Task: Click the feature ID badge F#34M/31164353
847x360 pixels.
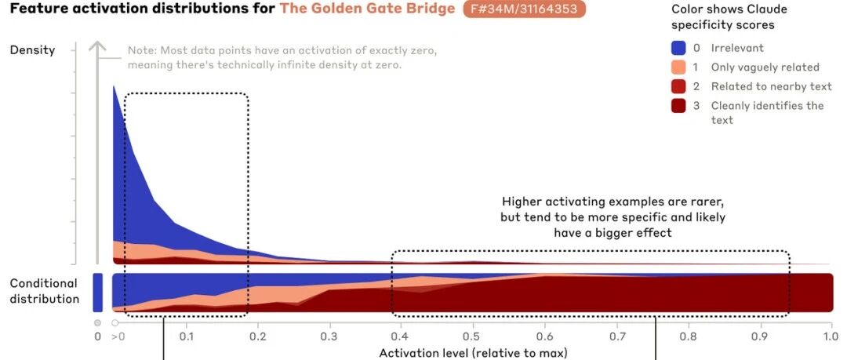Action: point(524,9)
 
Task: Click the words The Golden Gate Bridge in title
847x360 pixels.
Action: point(367,9)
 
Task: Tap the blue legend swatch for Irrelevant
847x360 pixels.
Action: point(678,48)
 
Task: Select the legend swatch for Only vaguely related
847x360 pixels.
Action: point(678,67)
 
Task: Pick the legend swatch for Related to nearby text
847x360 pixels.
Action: point(678,86)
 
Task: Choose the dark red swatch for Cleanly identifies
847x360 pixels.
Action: point(678,106)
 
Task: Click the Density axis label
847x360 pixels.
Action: point(32,50)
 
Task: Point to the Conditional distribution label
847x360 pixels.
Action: point(44,291)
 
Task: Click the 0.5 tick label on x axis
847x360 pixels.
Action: point(473,336)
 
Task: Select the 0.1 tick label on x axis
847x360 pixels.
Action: point(187,336)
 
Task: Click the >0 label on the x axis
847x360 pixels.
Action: point(117,336)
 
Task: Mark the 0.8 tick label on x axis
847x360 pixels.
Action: point(689,336)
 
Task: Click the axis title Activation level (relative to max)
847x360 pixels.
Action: point(473,354)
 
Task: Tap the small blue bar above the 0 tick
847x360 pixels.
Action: point(97,293)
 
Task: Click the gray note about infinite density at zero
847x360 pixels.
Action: point(282,58)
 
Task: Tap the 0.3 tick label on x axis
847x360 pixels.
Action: point(329,336)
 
